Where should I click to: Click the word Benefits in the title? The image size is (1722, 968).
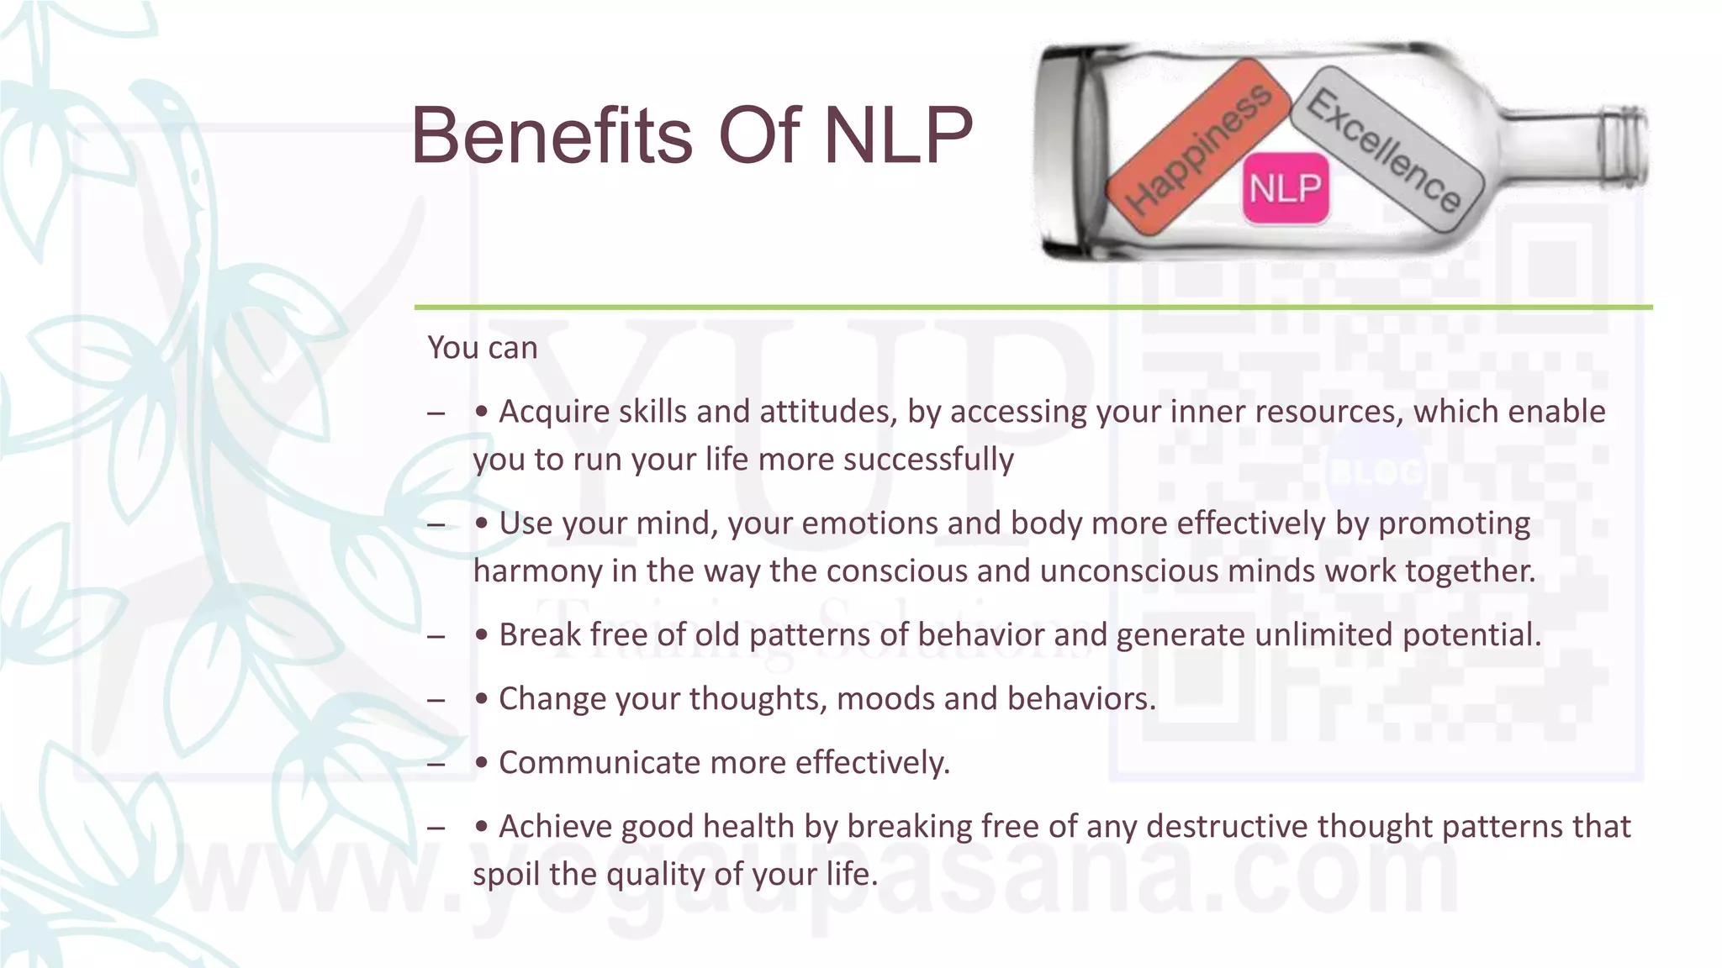click(x=552, y=136)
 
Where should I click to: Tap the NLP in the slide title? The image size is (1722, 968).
click(x=897, y=136)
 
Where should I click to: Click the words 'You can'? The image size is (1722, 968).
click(x=483, y=348)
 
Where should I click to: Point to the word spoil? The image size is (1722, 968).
click(x=506, y=875)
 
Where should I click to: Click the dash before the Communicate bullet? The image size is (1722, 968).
click(x=436, y=764)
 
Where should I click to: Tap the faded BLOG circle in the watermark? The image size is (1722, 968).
click(x=1376, y=472)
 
